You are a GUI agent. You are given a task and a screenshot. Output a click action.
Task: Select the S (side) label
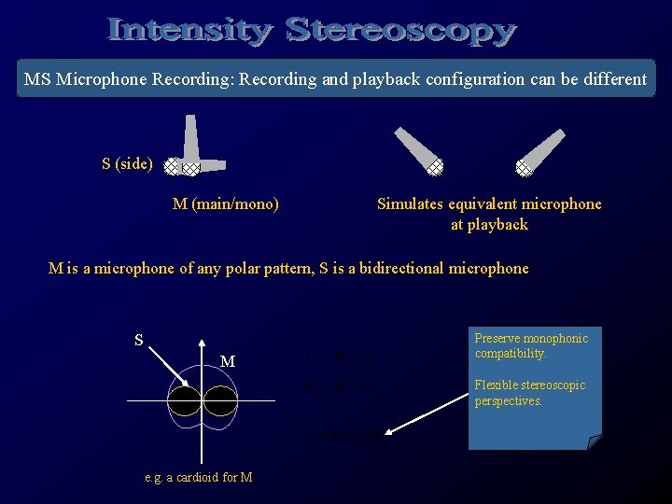127,164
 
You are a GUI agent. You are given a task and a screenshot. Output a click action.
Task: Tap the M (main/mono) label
226,203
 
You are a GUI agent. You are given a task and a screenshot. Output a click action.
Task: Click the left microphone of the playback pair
419,150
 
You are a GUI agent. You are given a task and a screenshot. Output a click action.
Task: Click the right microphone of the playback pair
540,150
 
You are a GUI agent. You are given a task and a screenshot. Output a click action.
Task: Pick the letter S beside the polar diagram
138,341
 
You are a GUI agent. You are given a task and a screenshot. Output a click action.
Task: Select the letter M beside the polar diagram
227,361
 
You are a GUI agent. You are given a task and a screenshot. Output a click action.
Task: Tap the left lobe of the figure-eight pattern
184,401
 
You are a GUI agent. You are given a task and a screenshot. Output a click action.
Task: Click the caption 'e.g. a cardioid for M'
199,478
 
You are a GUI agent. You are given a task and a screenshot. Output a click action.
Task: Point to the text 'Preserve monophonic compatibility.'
530,346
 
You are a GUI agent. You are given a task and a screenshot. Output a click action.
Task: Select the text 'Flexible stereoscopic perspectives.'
529,393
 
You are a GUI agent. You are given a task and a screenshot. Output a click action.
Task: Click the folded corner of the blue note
594,441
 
